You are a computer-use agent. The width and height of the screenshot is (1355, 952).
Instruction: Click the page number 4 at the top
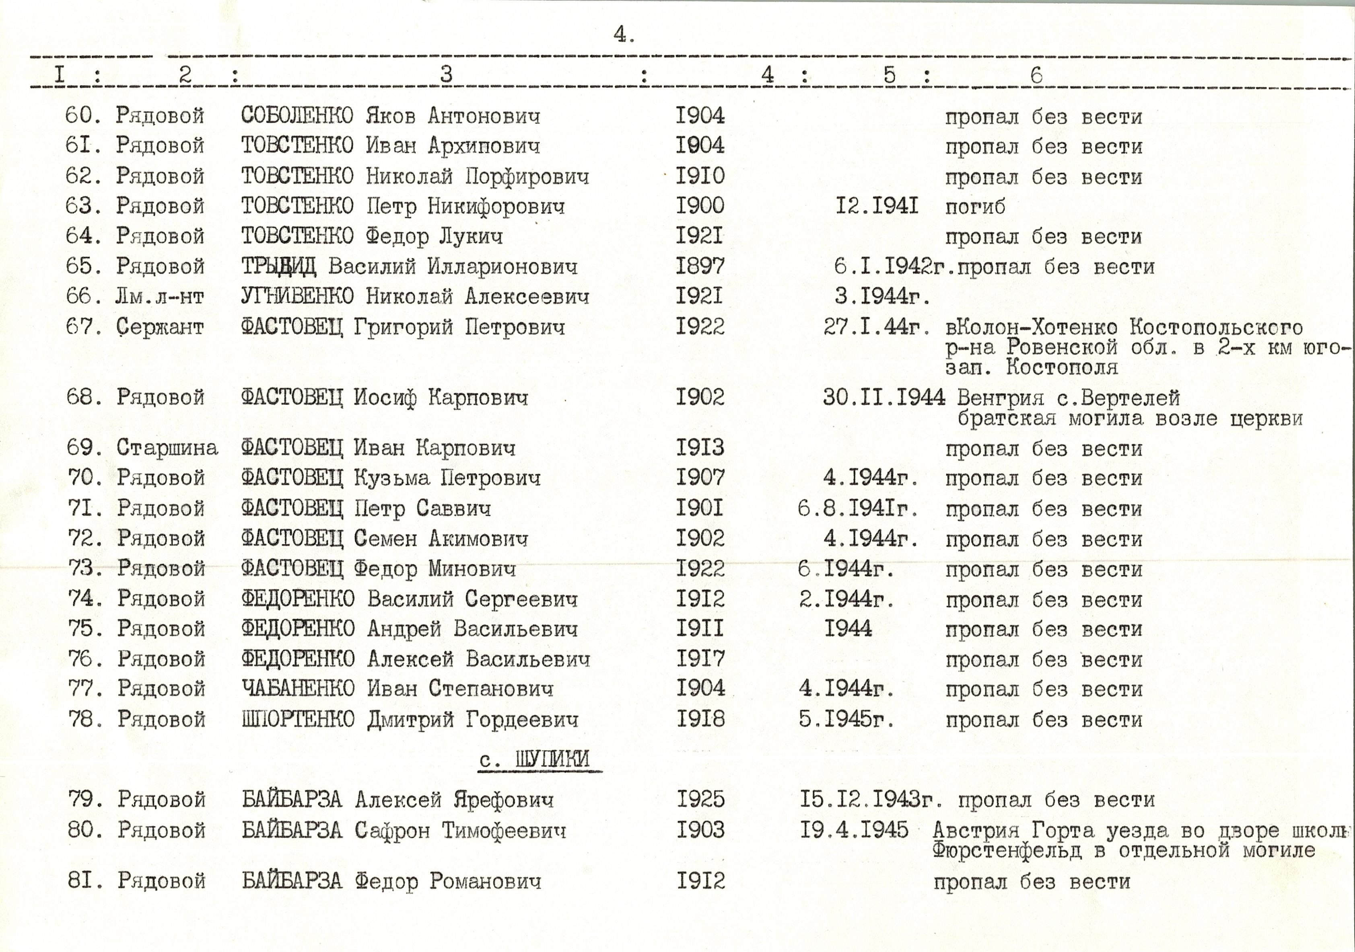click(x=623, y=35)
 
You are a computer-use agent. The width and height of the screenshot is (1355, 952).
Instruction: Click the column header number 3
click(x=446, y=74)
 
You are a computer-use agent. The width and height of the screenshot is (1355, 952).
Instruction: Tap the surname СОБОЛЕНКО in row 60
click(x=297, y=116)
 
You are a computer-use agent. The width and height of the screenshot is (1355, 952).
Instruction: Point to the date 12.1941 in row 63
click(x=877, y=206)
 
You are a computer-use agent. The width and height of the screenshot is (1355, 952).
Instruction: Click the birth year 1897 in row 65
click(x=700, y=266)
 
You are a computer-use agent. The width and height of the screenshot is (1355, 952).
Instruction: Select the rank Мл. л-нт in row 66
click(x=159, y=296)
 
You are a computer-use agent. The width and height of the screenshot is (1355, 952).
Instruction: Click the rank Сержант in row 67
click(x=160, y=327)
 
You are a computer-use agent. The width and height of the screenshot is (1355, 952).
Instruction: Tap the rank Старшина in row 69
click(x=167, y=448)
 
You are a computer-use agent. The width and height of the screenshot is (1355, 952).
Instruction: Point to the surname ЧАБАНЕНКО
click(x=298, y=688)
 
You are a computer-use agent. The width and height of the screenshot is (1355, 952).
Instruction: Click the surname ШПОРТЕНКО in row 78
click(x=298, y=719)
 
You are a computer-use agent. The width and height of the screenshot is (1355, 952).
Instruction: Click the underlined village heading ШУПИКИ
click(x=552, y=759)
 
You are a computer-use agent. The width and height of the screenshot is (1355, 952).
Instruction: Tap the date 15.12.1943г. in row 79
click(x=871, y=800)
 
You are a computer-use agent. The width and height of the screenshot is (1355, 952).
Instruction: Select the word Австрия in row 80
click(x=976, y=831)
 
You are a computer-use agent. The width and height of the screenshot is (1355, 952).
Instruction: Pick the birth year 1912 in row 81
click(x=700, y=881)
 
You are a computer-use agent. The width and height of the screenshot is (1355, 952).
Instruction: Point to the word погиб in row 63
click(x=975, y=207)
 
